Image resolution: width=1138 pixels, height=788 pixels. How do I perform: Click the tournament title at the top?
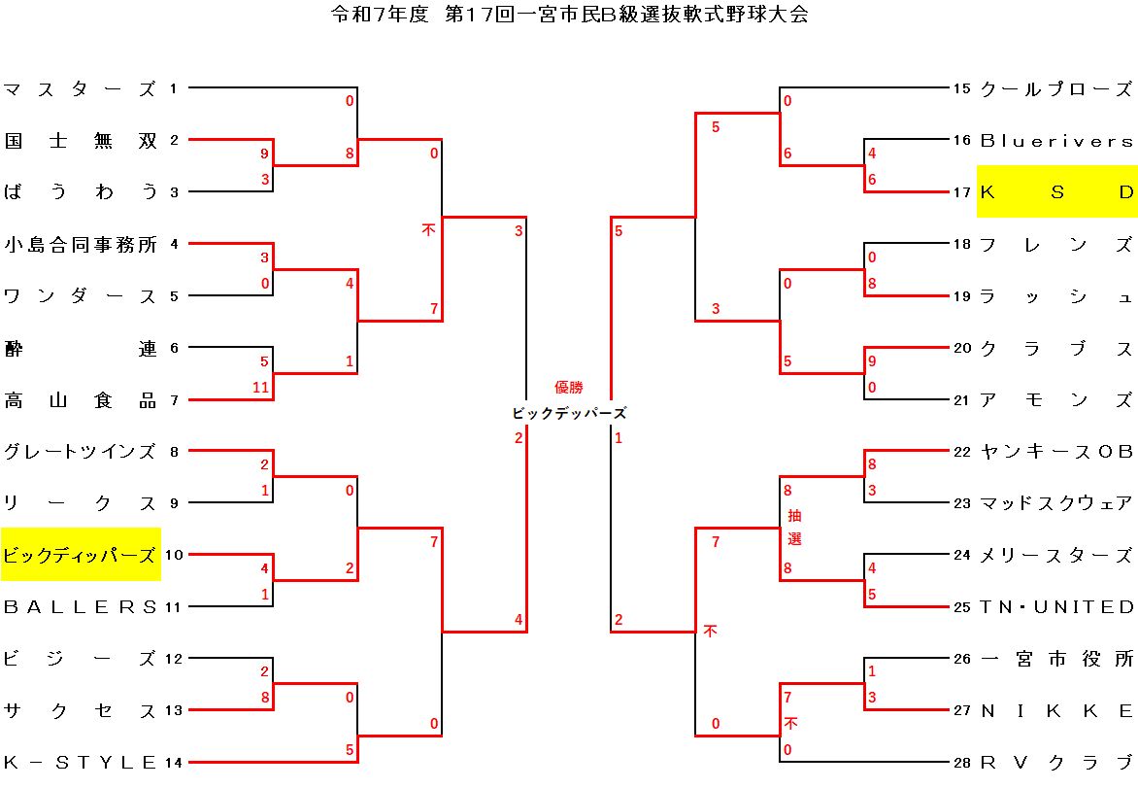[x=569, y=15]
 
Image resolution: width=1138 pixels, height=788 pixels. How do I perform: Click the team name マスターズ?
[x=80, y=89]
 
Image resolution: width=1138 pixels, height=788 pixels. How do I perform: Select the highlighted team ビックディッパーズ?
[x=80, y=555]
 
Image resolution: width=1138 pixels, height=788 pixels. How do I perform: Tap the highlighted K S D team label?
[x=1056, y=192]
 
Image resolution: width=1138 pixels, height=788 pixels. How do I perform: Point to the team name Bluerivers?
[x=1056, y=141]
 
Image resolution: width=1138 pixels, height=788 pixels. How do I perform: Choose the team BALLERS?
[x=80, y=607]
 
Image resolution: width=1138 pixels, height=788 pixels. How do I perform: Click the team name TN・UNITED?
[x=1056, y=607]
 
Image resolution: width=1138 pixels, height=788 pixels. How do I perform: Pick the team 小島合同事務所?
[x=80, y=244]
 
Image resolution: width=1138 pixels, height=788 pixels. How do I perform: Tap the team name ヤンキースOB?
[x=1056, y=452]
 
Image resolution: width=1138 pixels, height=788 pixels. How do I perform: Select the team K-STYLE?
[x=80, y=762]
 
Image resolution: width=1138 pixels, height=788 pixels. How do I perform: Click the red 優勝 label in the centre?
[x=569, y=387]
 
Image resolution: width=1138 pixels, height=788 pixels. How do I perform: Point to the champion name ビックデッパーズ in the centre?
[x=569, y=413]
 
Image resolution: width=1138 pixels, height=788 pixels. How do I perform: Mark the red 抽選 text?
[x=794, y=527]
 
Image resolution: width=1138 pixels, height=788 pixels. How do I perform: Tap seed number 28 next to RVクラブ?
[x=961, y=762]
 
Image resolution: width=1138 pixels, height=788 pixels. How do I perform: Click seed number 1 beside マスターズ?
[x=173, y=89]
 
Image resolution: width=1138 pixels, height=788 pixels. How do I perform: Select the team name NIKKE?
[x=1056, y=710]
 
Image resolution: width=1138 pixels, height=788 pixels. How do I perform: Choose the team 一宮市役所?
[x=1056, y=659]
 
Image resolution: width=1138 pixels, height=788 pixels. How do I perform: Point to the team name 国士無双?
[x=80, y=141]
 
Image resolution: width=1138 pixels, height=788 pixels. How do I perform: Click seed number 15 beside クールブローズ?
[x=961, y=89]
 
